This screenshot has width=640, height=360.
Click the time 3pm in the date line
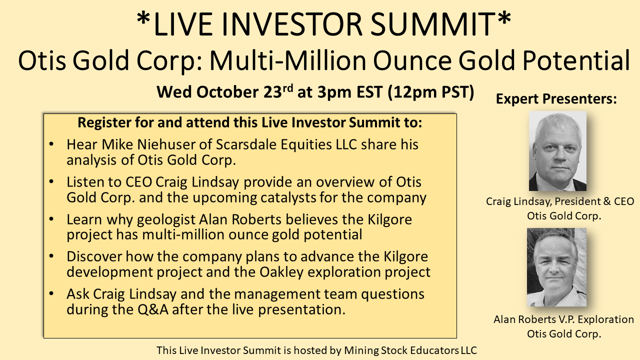point(334,92)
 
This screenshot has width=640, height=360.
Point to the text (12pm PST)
point(431,92)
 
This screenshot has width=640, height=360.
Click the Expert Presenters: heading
point(556,99)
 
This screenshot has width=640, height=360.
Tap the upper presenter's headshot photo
point(557,151)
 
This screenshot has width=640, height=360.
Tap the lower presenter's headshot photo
point(556,267)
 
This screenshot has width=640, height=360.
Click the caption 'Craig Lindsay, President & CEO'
point(560,201)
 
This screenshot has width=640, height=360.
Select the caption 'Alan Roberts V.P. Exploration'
point(563,319)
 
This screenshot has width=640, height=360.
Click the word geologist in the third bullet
point(166,220)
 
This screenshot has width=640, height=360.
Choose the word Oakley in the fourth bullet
point(281,272)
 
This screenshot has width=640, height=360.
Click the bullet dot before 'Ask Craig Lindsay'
point(51,293)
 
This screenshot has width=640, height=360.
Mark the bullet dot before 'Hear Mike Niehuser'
point(51,144)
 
